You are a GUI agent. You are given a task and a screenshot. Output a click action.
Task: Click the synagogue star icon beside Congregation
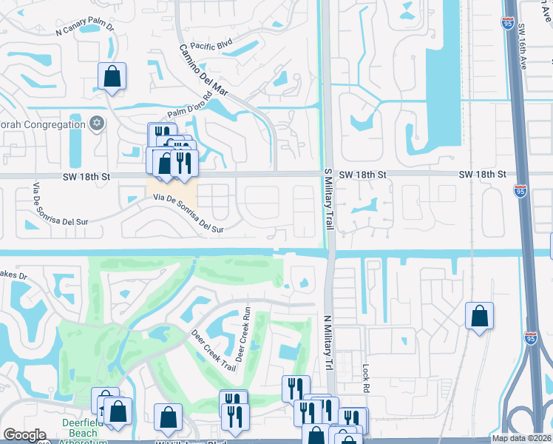tap(96, 123)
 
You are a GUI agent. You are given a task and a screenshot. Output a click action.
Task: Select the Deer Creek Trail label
tap(214, 351)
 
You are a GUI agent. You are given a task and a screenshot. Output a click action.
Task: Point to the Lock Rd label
tap(365, 378)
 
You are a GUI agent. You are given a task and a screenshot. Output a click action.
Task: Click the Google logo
tap(24, 435)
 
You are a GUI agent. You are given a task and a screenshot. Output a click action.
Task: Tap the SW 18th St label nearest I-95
tap(482, 174)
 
